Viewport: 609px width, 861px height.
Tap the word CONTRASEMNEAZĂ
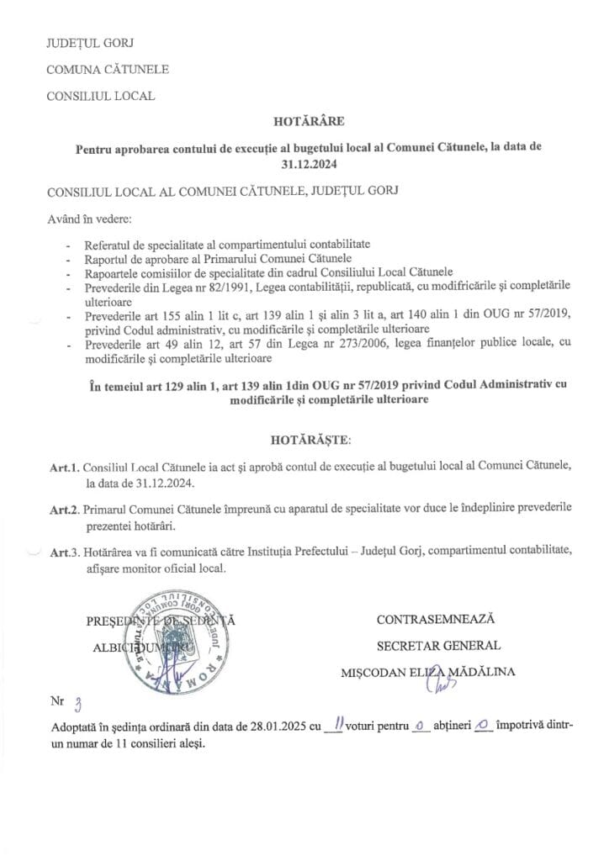click(x=436, y=620)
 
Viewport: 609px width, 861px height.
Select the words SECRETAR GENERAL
click(x=438, y=646)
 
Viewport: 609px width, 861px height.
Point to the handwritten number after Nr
click(x=78, y=705)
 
